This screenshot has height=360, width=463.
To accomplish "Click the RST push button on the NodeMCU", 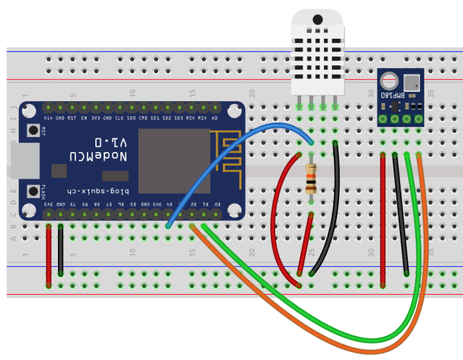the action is pos(33,130).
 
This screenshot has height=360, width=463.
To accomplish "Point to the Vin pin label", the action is pos(48,118).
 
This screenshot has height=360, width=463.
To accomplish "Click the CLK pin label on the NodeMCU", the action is pos(119,118).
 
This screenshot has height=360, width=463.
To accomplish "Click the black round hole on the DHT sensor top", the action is pos(318,20).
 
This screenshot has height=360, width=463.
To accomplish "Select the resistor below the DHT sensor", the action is pos(311,178).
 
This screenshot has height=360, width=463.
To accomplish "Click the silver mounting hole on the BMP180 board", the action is pos(388,81).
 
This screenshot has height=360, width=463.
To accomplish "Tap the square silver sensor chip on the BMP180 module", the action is pos(411,83).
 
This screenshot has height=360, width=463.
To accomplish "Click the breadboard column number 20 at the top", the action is pos(252,94).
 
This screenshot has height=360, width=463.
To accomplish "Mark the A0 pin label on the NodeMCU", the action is pos(214,118).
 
